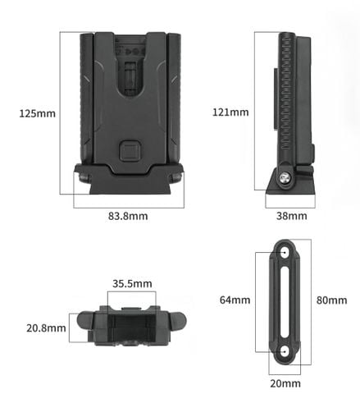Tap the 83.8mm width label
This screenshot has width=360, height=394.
(x=128, y=216)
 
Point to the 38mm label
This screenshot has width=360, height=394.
(x=291, y=216)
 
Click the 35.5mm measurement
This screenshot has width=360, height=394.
(x=132, y=284)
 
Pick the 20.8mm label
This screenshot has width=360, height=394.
(x=46, y=328)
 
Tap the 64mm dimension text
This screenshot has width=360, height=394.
(x=234, y=300)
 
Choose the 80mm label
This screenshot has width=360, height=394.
(x=331, y=300)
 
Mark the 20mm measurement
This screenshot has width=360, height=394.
(x=285, y=383)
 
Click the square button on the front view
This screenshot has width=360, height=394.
(x=130, y=150)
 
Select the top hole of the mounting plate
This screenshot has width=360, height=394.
(x=285, y=253)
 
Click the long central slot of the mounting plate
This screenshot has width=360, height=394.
(x=285, y=300)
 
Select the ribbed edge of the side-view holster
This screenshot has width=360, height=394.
(x=285, y=98)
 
